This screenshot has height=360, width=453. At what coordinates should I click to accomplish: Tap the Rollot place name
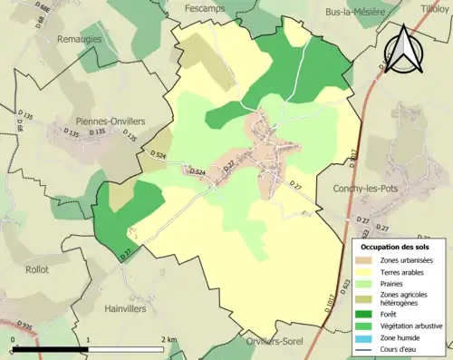tap(38, 269)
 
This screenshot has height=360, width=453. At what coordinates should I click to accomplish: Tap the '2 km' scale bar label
tap(169, 339)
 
